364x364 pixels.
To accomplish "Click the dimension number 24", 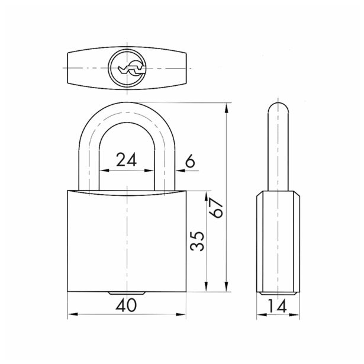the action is tap(127, 160).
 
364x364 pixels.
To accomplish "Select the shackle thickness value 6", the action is tap(191, 161).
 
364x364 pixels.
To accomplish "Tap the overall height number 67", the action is tap(216, 208).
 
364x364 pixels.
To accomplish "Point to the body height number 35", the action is tap(197, 241).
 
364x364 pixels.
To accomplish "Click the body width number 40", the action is tap(126, 305).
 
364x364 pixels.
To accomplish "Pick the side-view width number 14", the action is tap(278, 306).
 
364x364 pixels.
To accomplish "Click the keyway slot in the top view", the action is tap(132, 69).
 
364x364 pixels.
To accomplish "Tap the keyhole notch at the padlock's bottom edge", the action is tap(127, 294).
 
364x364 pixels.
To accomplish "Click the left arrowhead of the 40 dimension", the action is tap(72, 314).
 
